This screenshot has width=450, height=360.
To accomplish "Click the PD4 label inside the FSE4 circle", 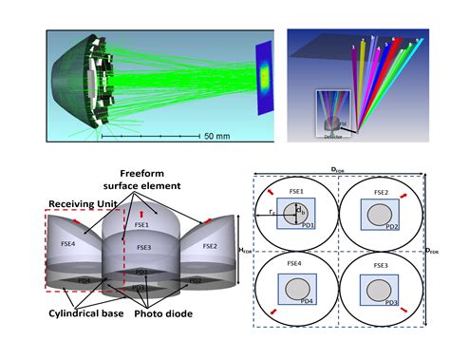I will click(309, 301).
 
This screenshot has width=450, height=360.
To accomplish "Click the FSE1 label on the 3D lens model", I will click(141, 226).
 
